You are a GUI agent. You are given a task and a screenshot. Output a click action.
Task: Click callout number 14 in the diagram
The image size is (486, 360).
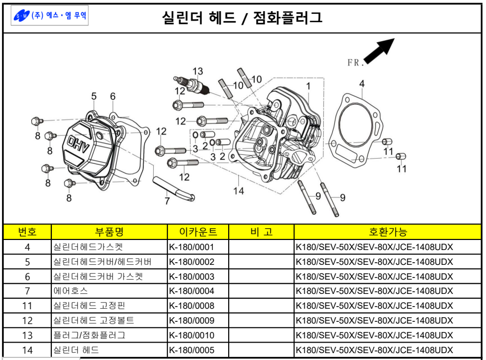[239, 191]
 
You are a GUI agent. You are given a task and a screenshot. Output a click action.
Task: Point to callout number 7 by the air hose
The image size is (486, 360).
[167, 201]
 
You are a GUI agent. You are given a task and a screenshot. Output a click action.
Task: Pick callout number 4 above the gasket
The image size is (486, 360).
[361, 84]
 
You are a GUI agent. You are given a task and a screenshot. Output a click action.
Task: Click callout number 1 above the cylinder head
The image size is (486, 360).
[308, 85]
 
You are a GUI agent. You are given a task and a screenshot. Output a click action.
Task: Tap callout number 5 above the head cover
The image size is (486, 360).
[94, 96]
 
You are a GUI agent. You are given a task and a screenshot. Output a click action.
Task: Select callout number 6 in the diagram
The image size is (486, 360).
[113, 96]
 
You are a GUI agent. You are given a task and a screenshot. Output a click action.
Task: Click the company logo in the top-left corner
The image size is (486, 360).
[51, 16]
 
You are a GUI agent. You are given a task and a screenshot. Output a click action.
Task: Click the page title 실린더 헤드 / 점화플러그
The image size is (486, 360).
[242, 18]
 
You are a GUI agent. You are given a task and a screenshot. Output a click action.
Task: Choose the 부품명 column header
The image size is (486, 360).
[109, 232]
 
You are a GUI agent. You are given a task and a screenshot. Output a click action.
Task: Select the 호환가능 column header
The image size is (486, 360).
[387, 232]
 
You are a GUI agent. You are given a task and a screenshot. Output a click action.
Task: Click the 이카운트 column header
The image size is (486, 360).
[198, 232]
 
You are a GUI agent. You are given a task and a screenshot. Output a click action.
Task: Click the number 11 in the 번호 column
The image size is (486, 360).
[27, 306]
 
